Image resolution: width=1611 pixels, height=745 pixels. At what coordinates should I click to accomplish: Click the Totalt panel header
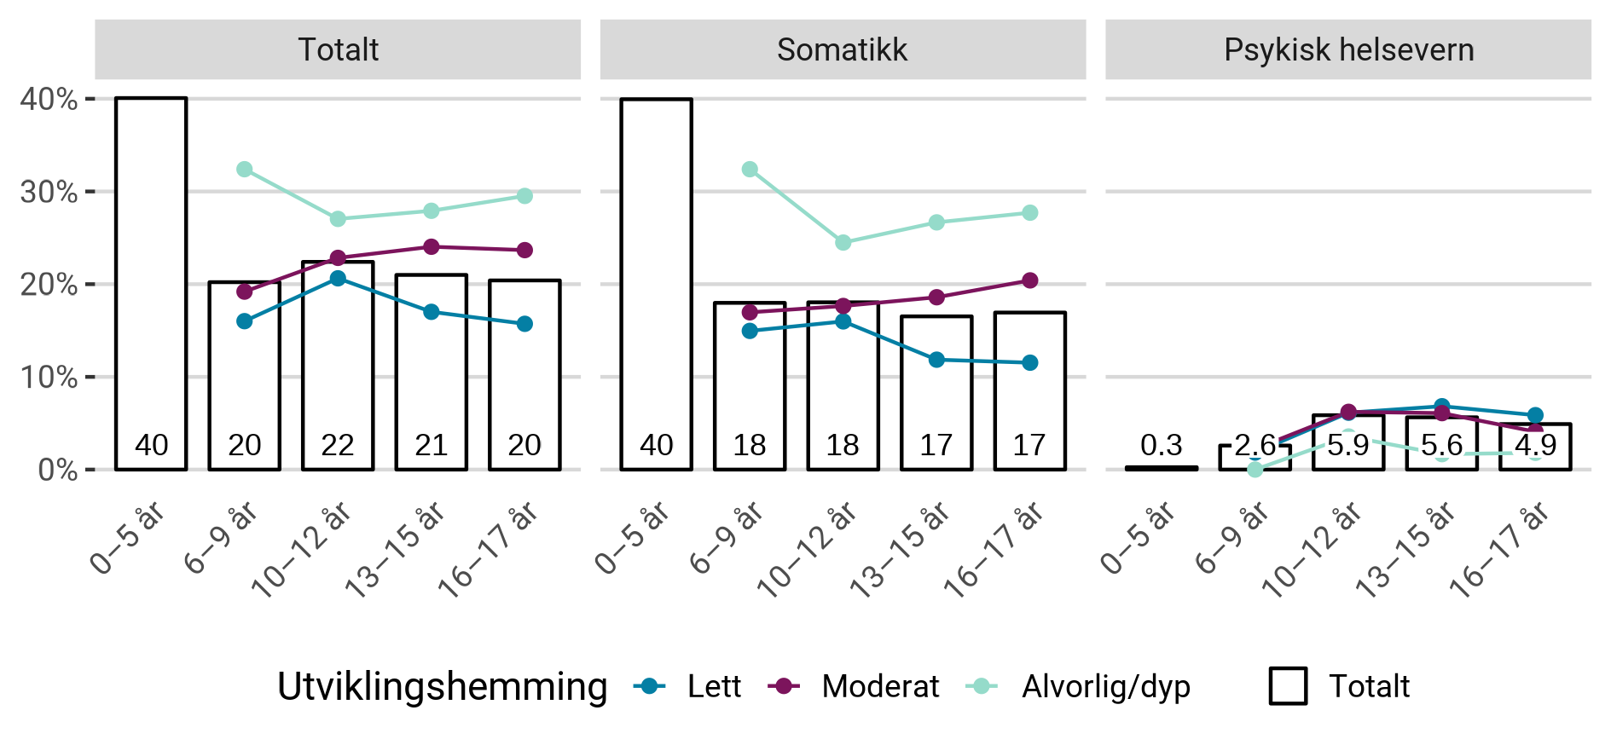click(338, 49)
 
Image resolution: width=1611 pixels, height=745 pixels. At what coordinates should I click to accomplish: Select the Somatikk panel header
click(842, 49)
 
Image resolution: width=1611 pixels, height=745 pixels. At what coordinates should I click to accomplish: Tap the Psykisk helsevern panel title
click(1348, 49)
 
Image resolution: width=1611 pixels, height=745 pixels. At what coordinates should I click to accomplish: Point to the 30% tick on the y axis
click(49, 192)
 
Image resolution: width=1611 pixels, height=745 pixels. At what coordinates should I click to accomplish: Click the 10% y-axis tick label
click(49, 377)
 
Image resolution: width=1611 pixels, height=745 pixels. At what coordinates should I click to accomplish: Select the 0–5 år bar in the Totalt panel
click(151, 281)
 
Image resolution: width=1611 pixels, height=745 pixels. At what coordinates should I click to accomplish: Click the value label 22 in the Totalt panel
click(338, 445)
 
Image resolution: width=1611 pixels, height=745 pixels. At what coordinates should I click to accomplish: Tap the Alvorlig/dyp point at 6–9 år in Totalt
click(245, 170)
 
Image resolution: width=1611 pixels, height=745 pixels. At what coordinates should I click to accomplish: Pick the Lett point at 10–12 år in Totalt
click(338, 279)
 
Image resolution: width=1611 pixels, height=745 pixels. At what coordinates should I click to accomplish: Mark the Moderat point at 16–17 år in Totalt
click(524, 250)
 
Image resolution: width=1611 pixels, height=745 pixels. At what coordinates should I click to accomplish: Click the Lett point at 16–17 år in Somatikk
click(1029, 362)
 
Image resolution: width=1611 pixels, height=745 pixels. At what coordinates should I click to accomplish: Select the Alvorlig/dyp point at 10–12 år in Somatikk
click(843, 243)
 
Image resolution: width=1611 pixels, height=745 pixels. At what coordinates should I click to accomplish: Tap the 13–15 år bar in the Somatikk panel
click(936, 392)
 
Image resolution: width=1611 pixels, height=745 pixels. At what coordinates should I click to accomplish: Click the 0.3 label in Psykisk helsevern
click(1161, 445)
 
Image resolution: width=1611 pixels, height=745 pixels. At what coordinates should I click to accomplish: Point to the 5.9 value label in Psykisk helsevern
click(1347, 445)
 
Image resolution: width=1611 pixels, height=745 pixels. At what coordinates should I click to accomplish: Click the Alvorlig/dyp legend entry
click(1078, 686)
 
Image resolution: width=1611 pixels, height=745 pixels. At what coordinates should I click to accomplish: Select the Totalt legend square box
click(1288, 686)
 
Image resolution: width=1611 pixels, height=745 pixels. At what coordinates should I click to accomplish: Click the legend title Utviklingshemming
click(442, 686)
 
